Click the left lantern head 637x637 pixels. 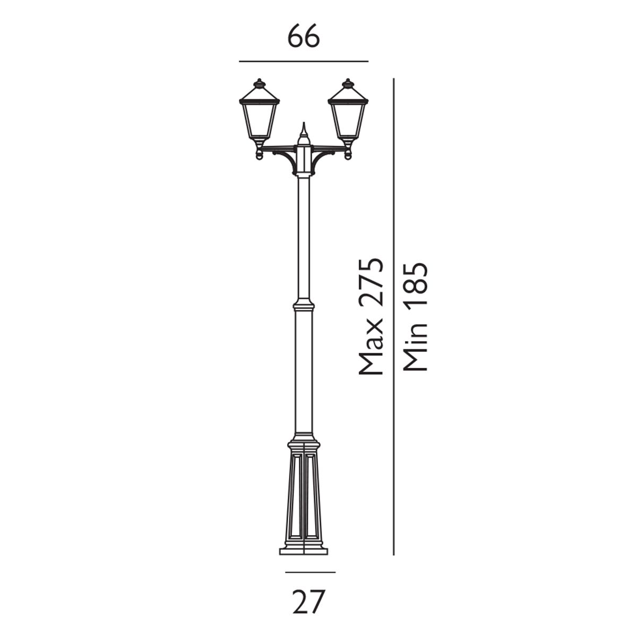pyautogui.click(x=259, y=117)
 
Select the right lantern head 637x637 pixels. pyautogui.click(x=348, y=117)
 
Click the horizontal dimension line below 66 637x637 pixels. pyautogui.click(x=304, y=62)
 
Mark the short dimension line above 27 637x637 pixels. pyautogui.click(x=310, y=572)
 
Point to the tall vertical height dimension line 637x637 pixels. pyautogui.click(x=393, y=318)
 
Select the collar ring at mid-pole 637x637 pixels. pyautogui.click(x=304, y=306)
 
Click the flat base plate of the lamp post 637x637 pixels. pyautogui.click(x=304, y=551)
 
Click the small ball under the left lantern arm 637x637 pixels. pyautogui.click(x=259, y=156)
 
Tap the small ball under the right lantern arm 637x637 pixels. pyautogui.click(x=348, y=156)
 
